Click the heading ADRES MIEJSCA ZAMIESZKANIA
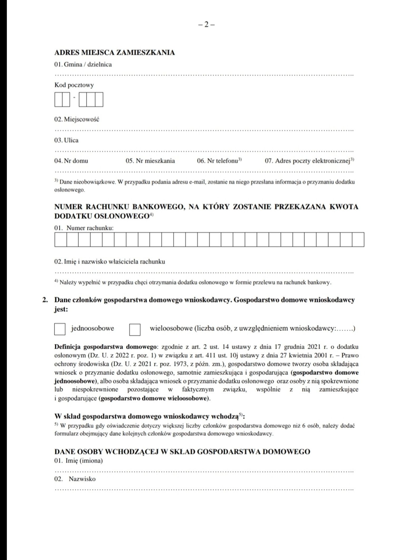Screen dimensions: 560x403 114,52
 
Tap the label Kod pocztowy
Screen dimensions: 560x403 74,85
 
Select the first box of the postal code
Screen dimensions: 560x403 58,100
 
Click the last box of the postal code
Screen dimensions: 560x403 99,100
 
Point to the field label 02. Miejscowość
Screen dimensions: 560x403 77,119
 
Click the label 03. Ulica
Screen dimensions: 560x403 66,140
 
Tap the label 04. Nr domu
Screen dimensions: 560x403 71,161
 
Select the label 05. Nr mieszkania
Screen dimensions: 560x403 150,161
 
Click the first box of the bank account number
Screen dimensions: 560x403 61,239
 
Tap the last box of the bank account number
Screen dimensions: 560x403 358,239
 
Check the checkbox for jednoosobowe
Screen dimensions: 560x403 60,329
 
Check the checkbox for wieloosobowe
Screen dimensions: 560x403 135,329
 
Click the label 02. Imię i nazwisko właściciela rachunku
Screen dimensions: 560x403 110,262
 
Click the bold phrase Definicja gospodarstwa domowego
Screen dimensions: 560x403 105,347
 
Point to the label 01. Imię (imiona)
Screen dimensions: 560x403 78,461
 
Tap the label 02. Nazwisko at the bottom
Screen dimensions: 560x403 75,479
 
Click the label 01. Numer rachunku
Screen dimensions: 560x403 84,228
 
